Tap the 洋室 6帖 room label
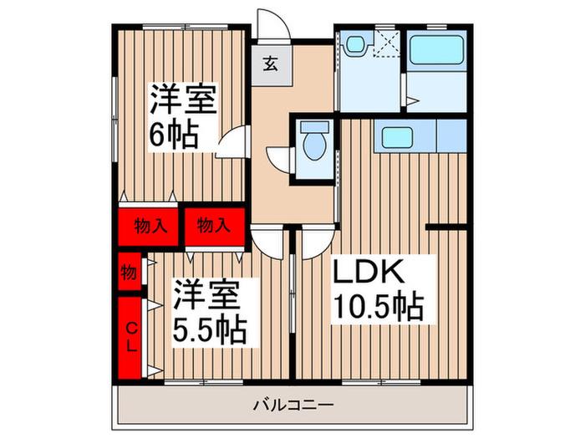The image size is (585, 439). coord(183,116)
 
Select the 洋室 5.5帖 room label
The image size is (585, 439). coord(209,312)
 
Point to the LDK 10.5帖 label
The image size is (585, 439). coord(378,289)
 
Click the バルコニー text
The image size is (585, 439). coord(292,405)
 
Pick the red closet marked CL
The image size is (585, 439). coord(130,338)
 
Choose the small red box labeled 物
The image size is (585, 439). coord(130,272)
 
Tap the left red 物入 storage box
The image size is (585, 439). coord(148,227)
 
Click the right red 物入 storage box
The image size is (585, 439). coord(215,227)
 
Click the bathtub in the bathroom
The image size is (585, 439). coord(436,50)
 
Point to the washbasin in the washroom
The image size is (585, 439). coord(357,43)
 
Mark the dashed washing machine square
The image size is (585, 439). coord(386,44)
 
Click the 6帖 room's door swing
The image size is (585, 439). coord(233,141)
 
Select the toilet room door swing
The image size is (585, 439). coord(280,160)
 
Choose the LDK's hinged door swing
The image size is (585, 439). coord(318,243)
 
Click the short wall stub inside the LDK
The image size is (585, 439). coord(446,227)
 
